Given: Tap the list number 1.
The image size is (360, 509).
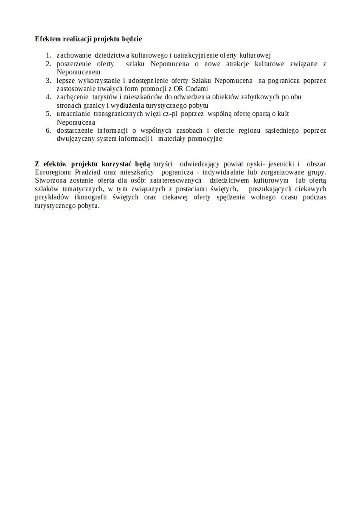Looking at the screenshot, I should coord(48,55).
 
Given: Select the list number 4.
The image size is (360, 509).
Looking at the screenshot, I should coord(48,97).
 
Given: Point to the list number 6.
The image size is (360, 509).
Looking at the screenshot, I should coord(48,130).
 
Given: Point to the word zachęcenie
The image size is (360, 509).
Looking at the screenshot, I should coord(72,97).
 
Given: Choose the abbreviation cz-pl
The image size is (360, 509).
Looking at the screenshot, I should coord(164,114).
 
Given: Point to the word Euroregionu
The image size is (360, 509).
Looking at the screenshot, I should coord(53,173).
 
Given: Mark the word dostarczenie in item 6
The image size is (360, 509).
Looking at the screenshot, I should coord(74,130).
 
